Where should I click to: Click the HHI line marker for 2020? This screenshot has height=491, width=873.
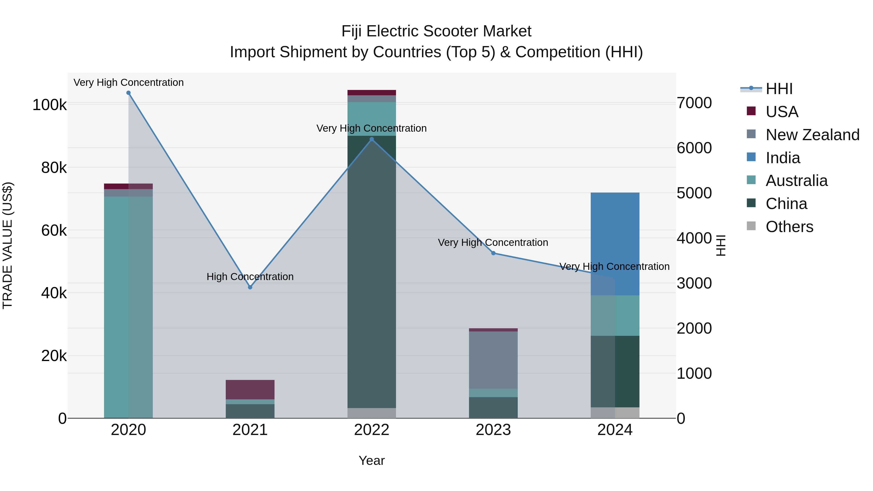pyautogui.click(x=129, y=93)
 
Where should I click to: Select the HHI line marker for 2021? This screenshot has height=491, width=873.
pyautogui.click(x=250, y=287)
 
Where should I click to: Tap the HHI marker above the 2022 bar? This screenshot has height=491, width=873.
pyautogui.click(x=372, y=139)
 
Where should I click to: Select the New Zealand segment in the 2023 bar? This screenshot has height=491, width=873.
pyautogui.click(x=493, y=360)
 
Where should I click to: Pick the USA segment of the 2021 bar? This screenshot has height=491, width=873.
pyautogui.click(x=250, y=390)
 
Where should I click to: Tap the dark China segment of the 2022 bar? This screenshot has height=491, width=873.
pyautogui.click(x=372, y=271)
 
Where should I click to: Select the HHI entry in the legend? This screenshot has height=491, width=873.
pyautogui.click(x=779, y=89)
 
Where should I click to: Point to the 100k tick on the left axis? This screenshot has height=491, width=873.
pyautogui.click(x=49, y=105)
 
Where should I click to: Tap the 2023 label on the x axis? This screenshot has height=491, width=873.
pyautogui.click(x=493, y=430)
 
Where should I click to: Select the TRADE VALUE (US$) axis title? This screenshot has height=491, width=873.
pyautogui.click(x=8, y=245)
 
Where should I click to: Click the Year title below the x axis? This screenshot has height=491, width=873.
pyautogui.click(x=372, y=460)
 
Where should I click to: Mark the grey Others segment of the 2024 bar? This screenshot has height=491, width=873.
pyautogui.click(x=615, y=412)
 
